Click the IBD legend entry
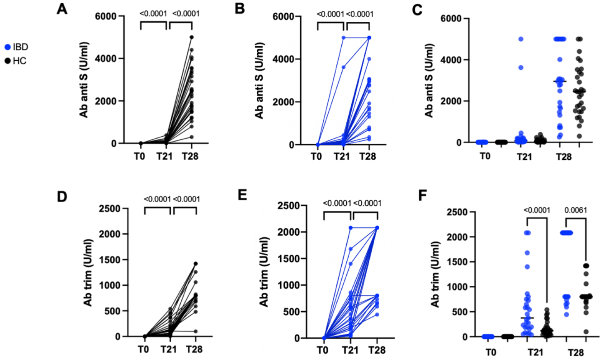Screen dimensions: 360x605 point(17,47)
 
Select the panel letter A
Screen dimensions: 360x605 point(62,9)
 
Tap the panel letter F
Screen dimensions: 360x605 point(423,195)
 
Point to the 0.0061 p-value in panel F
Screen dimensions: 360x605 point(575,210)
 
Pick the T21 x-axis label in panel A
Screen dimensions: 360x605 point(164,156)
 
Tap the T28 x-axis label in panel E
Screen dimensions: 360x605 point(376,350)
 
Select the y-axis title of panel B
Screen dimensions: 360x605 point(259,81)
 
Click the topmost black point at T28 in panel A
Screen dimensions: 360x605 point(191,37)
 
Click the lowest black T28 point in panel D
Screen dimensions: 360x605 point(196,332)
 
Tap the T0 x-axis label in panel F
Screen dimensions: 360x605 point(490,352)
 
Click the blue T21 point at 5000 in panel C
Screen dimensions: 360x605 point(521,39)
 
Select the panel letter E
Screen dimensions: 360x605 point(242,194)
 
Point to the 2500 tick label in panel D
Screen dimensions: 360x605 point(109,208)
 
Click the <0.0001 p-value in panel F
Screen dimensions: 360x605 point(536,210)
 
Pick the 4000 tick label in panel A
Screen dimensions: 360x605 point(106,59)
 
